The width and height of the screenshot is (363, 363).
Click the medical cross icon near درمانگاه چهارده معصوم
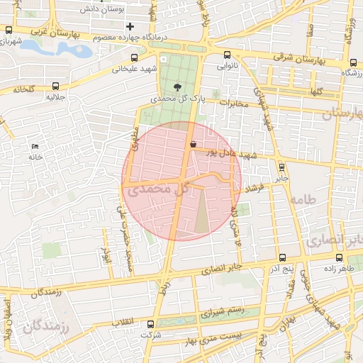point(130,27)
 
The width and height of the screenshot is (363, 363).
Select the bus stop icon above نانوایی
point(227,55)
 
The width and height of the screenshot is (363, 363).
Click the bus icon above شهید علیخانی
point(133,58)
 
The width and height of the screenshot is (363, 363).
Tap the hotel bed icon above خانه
point(35,146)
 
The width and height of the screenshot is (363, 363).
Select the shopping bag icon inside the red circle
point(193,144)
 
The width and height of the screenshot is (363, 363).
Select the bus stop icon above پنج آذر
point(282,258)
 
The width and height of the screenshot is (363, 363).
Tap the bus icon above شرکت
point(150,323)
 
